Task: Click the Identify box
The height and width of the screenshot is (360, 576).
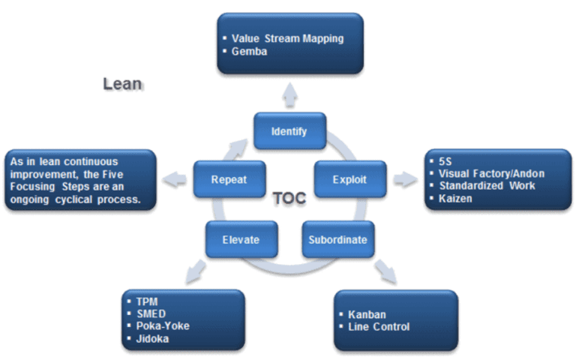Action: tap(289, 131)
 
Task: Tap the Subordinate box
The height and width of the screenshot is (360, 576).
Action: tap(337, 240)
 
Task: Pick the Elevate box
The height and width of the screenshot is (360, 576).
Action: tap(241, 240)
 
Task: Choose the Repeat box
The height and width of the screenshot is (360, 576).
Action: tap(229, 180)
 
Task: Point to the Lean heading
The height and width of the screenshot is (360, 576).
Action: tap(122, 84)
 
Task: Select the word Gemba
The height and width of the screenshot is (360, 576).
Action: tap(250, 50)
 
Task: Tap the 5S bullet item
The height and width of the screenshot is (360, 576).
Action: tap(447, 161)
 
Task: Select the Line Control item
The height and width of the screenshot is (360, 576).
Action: tap(379, 326)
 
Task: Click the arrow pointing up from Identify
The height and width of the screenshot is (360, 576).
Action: tap(289, 91)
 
